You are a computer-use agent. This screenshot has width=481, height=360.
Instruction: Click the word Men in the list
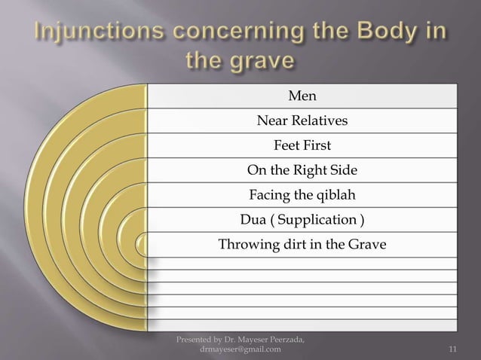[302, 96]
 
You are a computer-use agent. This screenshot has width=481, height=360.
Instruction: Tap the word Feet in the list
[286, 145]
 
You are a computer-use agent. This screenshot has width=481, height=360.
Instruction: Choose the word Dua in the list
[253, 221]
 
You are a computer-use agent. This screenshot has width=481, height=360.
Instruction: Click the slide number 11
[453, 349]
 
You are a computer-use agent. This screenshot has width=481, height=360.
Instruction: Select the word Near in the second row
[271, 121]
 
